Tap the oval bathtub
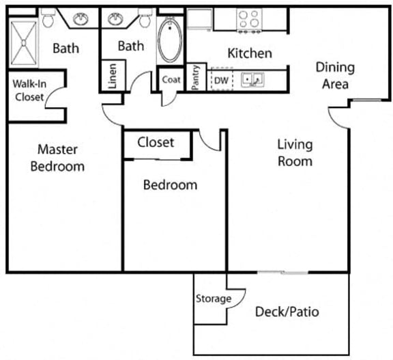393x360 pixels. pyautogui.click(x=170, y=41)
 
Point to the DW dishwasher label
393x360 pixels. pyautogui.click(x=220, y=79)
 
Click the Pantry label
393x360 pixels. pyautogui.click(x=196, y=77)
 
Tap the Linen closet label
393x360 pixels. pyautogui.click(x=113, y=75)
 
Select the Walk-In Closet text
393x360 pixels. pyautogui.click(x=29, y=91)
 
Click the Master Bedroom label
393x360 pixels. pyautogui.click(x=61, y=158)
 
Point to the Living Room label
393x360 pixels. pyautogui.click(x=295, y=153)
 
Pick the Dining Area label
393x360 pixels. pyautogui.click(x=334, y=75)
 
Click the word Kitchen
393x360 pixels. pyautogui.click(x=249, y=53)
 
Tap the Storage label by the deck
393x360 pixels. pyautogui.click(x=213, y=299)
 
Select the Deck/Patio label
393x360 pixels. pyautogui.click(x=287, y=312)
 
